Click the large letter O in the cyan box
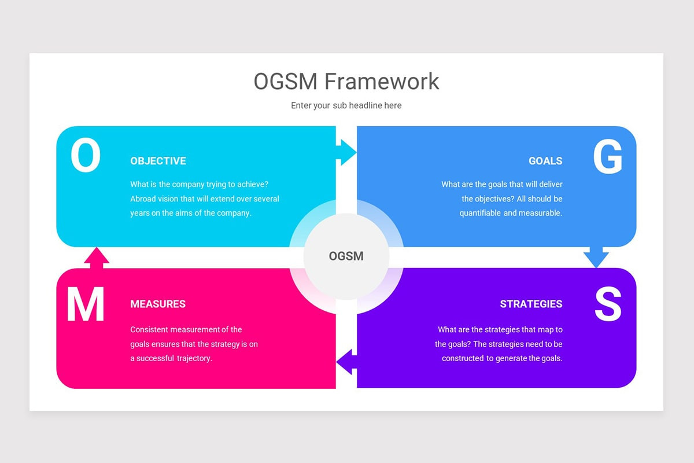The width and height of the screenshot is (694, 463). (x=86, y=156)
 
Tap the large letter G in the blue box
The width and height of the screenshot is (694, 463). (x=607, y=157)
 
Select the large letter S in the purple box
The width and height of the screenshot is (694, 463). (x=608, y=304)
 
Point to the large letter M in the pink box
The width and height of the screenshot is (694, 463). (x=86, y=304)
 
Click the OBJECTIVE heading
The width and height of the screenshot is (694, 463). (x=158, y=161)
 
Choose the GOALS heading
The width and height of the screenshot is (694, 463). (x=545, y=161)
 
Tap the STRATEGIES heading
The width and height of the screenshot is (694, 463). (x=531, y=304)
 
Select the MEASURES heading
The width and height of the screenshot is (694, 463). (x=158, y=304)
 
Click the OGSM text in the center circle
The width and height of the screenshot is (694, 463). (x=346, y=256)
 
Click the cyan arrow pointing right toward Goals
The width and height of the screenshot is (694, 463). (x=346, y=152)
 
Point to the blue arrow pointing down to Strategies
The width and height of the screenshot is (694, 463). (x=596, y=256)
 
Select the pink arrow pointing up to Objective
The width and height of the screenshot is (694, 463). (x=97, y=258)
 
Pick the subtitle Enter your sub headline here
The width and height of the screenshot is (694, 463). (x=346, y=105)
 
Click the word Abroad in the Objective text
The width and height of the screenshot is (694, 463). (x=143, y=199)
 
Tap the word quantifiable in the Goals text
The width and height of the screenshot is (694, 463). (x=480, y=213)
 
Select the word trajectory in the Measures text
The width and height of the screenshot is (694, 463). (x=194, y=358)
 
